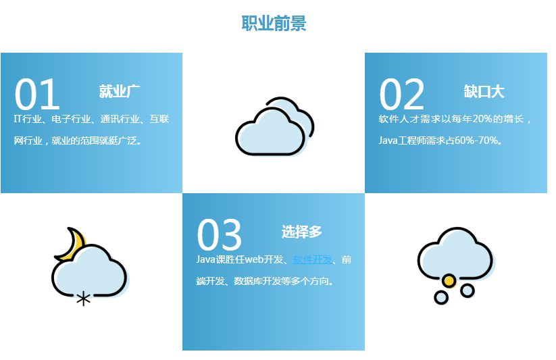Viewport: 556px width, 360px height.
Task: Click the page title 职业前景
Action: tap(274, 24)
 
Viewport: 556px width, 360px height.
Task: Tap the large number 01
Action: tap(37, 95)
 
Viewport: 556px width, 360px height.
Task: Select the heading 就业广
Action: tap(119, 91)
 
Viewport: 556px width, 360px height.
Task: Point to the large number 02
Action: tap(402, 95)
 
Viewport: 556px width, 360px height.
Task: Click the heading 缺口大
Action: tap(484, 91)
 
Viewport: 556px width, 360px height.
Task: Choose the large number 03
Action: tap(220, 235)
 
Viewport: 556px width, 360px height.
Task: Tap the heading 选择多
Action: tap(302, 232)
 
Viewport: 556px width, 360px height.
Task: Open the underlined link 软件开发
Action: tap(313, 259)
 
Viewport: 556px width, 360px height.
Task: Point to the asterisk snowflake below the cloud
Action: tap(83, 299)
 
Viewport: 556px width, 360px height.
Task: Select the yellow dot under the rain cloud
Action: tap(449, 281)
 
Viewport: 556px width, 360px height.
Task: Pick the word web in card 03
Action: tap(254, 259)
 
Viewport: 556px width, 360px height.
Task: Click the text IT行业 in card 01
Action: tap(28, 119)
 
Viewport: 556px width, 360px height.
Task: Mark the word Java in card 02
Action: tap(388, 140)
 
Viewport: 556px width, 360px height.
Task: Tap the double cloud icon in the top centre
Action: tap(275, 126)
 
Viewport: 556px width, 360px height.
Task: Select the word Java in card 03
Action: tap(205, 259)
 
